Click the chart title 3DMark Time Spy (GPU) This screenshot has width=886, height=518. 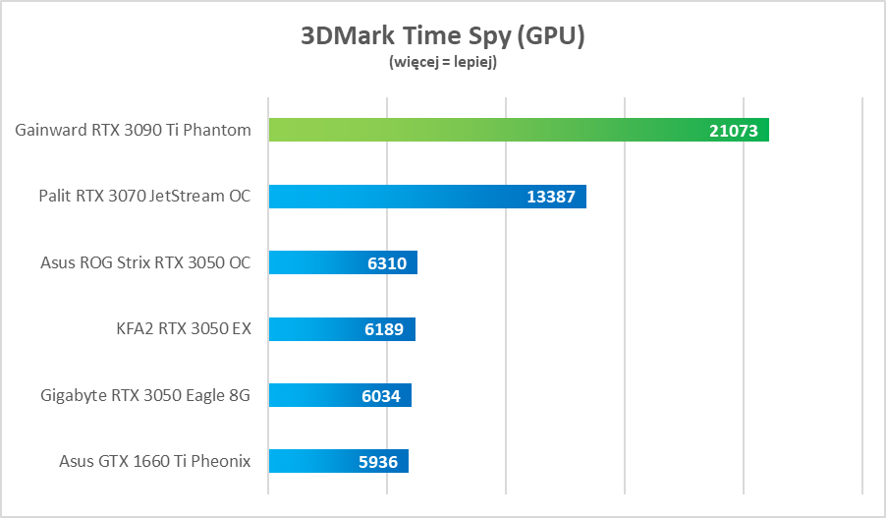442,36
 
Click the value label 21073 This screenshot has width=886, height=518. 733,131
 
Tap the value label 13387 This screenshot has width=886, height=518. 551,197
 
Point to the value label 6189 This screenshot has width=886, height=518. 383,329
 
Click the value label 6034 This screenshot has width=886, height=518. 380,395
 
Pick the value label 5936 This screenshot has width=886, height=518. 378,461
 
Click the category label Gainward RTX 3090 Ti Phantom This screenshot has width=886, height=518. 133,130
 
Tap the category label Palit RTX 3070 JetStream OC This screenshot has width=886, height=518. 144,197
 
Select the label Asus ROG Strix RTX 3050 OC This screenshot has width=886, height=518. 145,262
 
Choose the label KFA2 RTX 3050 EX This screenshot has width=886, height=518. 184,329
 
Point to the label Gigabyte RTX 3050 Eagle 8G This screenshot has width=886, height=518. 145,395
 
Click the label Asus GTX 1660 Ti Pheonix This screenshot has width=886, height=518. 154,461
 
